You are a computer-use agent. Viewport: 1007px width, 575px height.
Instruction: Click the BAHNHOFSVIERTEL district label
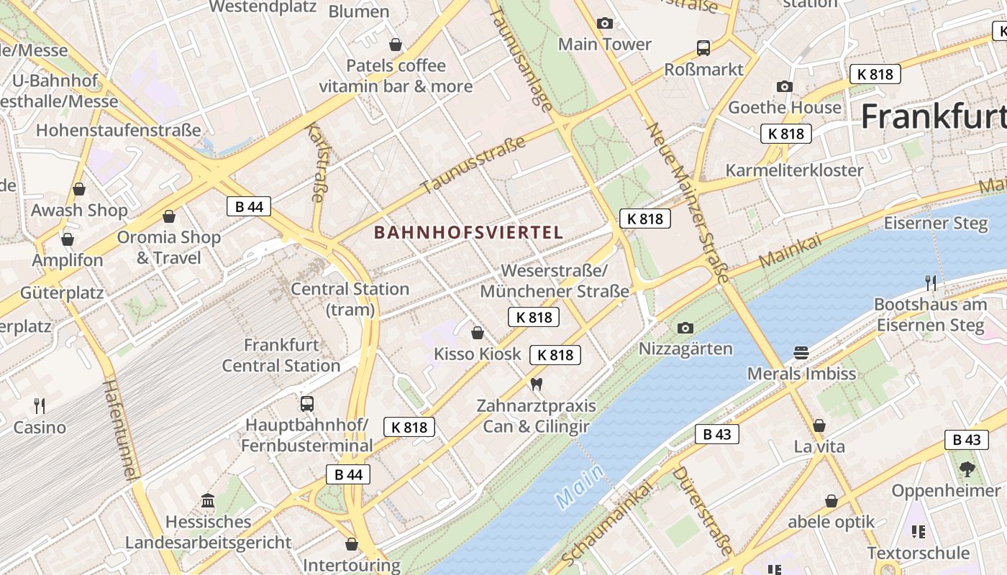(x=468, y=232)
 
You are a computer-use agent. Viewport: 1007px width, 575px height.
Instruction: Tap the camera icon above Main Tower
(x=605, y=23)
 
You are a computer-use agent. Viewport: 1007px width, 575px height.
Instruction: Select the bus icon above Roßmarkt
(x=703, y=48)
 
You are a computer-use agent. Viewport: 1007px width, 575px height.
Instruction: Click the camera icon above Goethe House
(x=785, y=86)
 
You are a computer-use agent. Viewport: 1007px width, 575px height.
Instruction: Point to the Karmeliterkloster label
(x=794, y=170)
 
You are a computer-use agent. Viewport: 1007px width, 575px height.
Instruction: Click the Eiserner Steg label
(x=936, y=223)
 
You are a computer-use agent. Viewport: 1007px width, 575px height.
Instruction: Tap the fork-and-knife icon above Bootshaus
(x=931, y=282)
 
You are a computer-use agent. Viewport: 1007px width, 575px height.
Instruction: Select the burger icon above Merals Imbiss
(x=802, y=352)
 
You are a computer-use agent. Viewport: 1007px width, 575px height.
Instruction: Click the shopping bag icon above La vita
(x=819, y=425)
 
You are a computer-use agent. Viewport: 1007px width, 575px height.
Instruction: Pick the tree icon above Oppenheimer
(x=967, y=469)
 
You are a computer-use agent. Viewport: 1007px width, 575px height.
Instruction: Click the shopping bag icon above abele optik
(x=831, y=500)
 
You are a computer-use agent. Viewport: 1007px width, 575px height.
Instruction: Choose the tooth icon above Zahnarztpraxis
(x=536, y=384)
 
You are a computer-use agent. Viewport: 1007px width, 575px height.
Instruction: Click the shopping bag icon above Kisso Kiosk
(x=477, y=332)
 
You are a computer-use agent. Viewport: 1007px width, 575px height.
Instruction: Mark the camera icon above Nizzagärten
(x=685, y=328)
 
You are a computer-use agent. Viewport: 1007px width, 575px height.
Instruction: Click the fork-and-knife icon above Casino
(x=40, y=406)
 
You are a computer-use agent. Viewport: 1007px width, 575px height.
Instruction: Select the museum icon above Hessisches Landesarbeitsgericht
(x=208, y=500)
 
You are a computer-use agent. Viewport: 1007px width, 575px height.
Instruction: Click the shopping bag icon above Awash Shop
(x=79, y=189)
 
